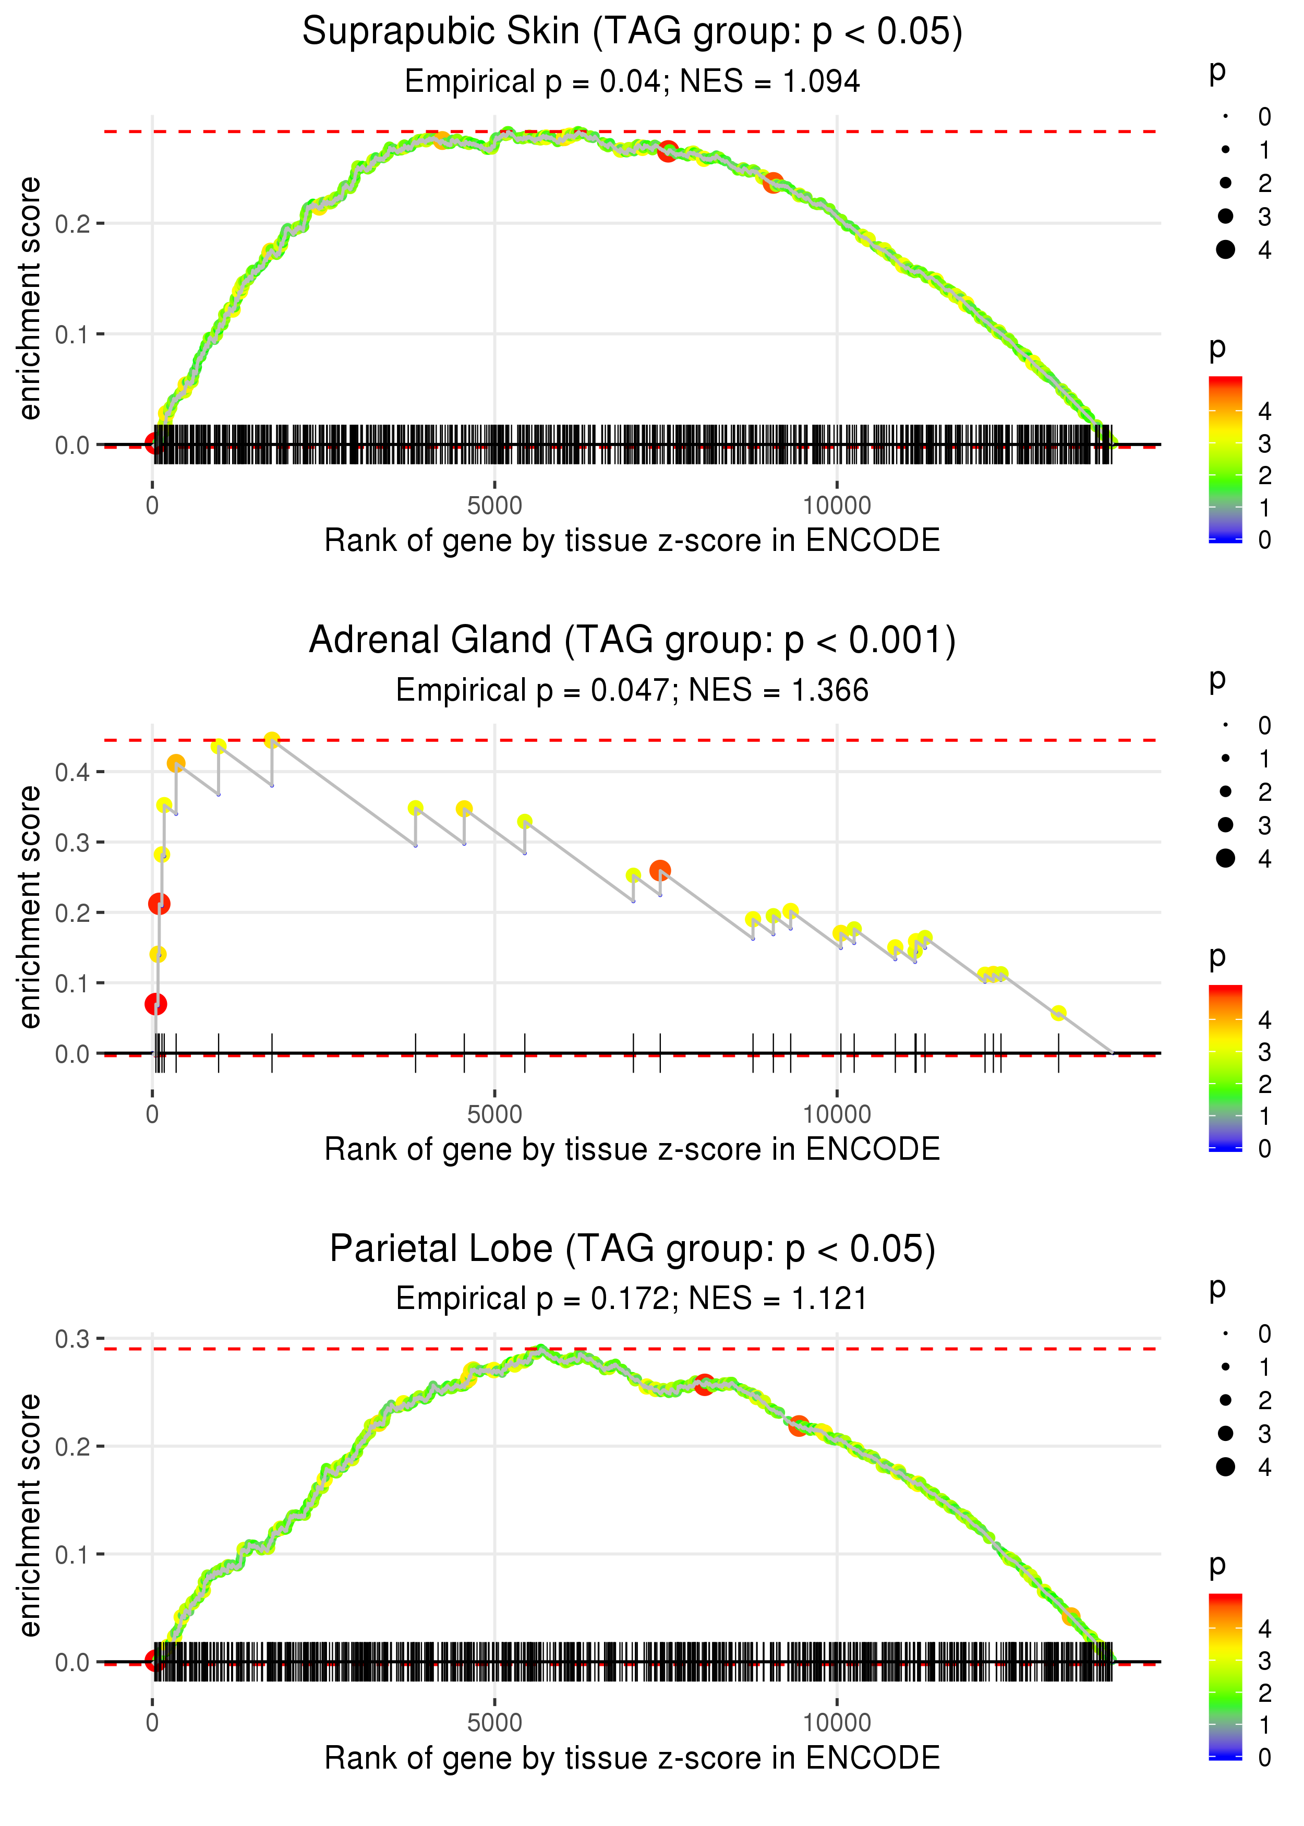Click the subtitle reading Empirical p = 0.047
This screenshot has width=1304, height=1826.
[632, 691]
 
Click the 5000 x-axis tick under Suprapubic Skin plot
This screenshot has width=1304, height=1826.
[494, 506]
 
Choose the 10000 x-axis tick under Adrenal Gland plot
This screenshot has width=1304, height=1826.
[837, 1114]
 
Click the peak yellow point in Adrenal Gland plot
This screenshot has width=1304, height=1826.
[272, 740]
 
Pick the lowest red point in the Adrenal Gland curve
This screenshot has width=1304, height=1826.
[156, 1004]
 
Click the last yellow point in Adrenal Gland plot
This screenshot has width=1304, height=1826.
[1058, 1013]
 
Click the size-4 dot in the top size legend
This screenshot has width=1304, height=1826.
[1225, 250]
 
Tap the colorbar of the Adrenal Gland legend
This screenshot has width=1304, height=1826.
[1225, 1068]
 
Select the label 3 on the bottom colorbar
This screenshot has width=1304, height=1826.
[1265, 1661]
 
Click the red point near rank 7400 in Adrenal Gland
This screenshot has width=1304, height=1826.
[660, 870]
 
